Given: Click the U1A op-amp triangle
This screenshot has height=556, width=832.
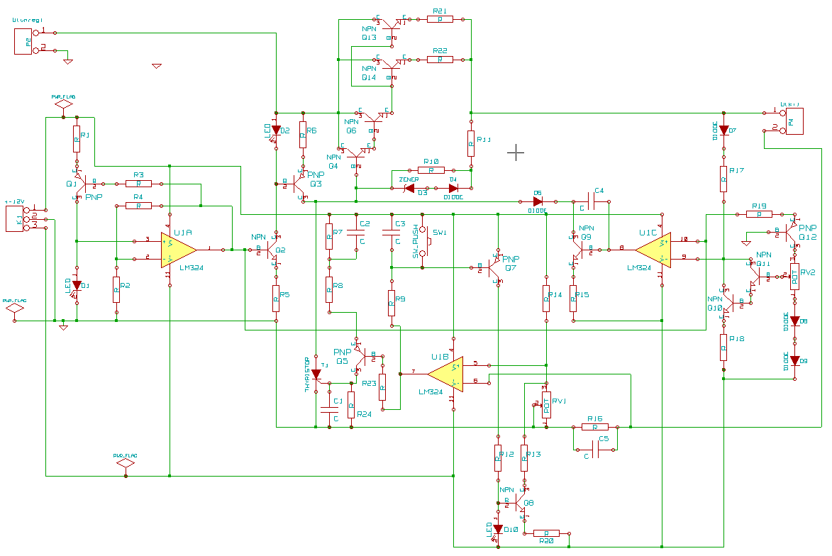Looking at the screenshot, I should pyautogui.click(x=177, y=249).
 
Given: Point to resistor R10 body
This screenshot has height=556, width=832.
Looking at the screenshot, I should pyautogui.click(x=431, y=170).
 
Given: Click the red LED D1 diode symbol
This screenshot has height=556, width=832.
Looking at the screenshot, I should pyautogui.click(x=77, y=285).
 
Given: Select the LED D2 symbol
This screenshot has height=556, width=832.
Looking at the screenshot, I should pyautogui.click(x=276, y=130).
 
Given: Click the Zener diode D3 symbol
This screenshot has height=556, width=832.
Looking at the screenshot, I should pyautogui.click(x=409, y=188).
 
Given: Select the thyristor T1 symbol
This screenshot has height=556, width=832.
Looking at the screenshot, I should pyautogui.click(x=316, y=374).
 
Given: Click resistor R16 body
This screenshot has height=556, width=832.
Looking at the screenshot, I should pyautogui.click(x=594, y=427).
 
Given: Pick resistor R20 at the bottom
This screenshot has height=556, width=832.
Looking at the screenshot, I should pyautogui.click(x=546, y=533).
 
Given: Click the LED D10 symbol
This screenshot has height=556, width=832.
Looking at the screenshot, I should pyautogui.click(x=498, y=529).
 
